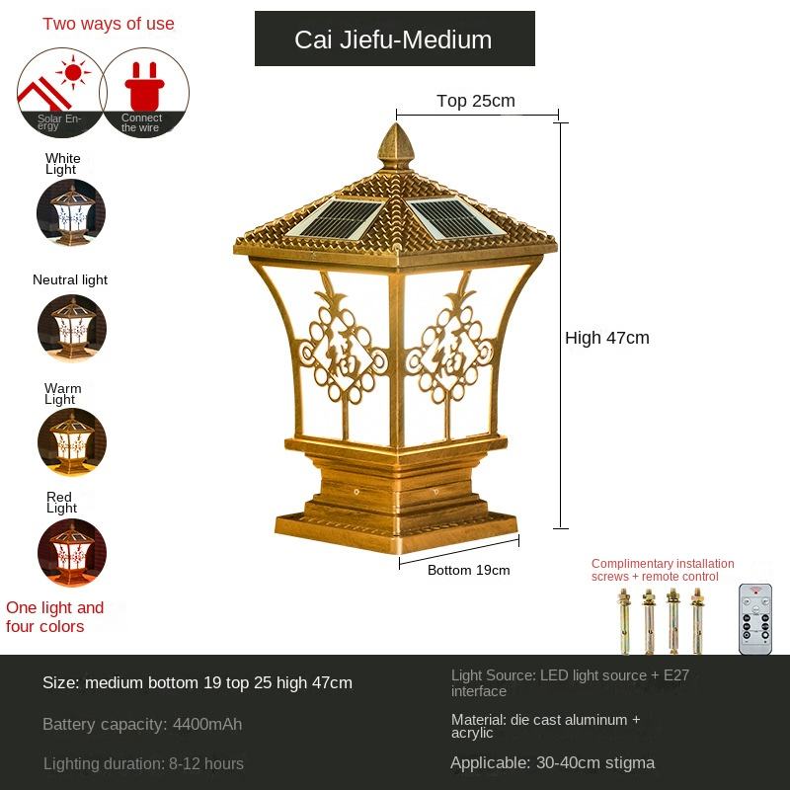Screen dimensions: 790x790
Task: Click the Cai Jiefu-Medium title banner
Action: point(394,39)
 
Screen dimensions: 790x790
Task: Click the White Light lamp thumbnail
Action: point(70,212)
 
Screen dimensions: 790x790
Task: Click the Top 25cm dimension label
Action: point(476,101)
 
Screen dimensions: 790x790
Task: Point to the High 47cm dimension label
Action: point(607,338)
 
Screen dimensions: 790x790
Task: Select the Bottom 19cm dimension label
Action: point(468,570)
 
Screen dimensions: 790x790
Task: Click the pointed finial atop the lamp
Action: point(396,148)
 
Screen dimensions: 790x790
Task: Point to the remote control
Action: point(755,618)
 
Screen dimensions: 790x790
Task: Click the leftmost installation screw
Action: point(624,621)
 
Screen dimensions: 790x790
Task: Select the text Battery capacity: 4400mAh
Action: point(142,724)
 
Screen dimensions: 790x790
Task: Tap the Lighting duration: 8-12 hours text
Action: point(143,763)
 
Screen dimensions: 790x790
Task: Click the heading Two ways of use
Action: point(109,24)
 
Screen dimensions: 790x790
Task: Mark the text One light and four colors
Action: point(54,617)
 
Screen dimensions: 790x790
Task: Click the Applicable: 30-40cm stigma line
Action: point(552,762)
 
